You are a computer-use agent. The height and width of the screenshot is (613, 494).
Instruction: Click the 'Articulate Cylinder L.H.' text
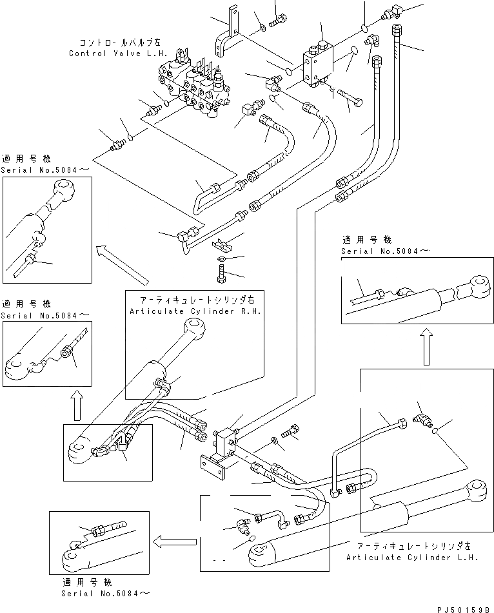[x=412, y=558]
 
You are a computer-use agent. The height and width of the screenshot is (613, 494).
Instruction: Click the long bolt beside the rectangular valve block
[x=351, y=99]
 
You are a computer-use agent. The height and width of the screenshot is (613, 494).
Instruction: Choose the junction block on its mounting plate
[x=223, y=445]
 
